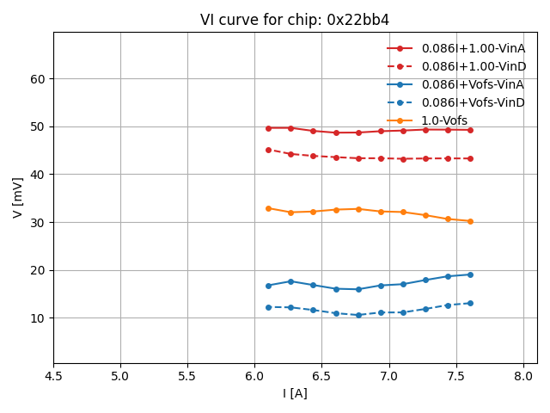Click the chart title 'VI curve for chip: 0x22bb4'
tap(295, 20)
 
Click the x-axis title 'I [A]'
tap(295, 393)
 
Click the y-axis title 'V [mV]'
tap(18, 197)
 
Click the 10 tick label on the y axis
tap(38, 318)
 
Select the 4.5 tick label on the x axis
tap(53, 376)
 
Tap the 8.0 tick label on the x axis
tap(523, 376)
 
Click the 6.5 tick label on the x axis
tap(321, 376)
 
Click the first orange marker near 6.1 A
tap(268, 208)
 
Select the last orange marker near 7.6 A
tap(470, 221)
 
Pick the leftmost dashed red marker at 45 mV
tap(268, 150)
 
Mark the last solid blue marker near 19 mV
tap(470, 274)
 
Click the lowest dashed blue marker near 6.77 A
tap(358, 315)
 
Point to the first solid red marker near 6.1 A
tap(268, 128)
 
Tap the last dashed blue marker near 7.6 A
tap(470, 303)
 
